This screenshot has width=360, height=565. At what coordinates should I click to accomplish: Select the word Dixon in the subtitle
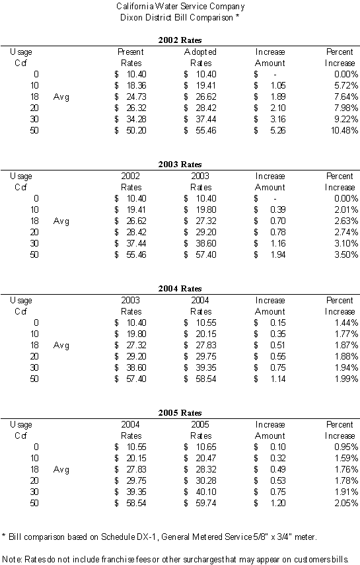131,18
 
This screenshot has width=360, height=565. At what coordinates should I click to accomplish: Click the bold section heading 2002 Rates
180,40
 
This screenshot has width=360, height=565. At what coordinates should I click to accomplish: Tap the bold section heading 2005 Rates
180,413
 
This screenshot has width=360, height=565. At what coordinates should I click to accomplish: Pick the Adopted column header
200,52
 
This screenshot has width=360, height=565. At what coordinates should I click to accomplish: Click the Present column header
131,52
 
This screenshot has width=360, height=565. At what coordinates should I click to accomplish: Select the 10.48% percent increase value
345,130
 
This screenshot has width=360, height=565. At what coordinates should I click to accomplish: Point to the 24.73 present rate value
136,97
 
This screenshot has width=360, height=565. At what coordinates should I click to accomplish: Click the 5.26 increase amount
278,130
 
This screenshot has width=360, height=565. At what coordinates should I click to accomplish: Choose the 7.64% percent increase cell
346,97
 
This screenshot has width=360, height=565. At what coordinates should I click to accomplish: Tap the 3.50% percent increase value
346,255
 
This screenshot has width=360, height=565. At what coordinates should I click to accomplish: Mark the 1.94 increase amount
278,255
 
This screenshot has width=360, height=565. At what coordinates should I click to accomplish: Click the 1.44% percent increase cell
346,323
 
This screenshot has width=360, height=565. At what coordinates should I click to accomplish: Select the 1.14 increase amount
278,379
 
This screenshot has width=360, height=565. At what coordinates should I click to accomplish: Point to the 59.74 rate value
206,504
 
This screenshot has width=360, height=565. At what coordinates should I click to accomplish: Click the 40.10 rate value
206,492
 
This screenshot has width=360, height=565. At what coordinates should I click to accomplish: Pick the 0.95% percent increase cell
346,447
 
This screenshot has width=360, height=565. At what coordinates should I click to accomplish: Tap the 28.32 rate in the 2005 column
206,470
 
